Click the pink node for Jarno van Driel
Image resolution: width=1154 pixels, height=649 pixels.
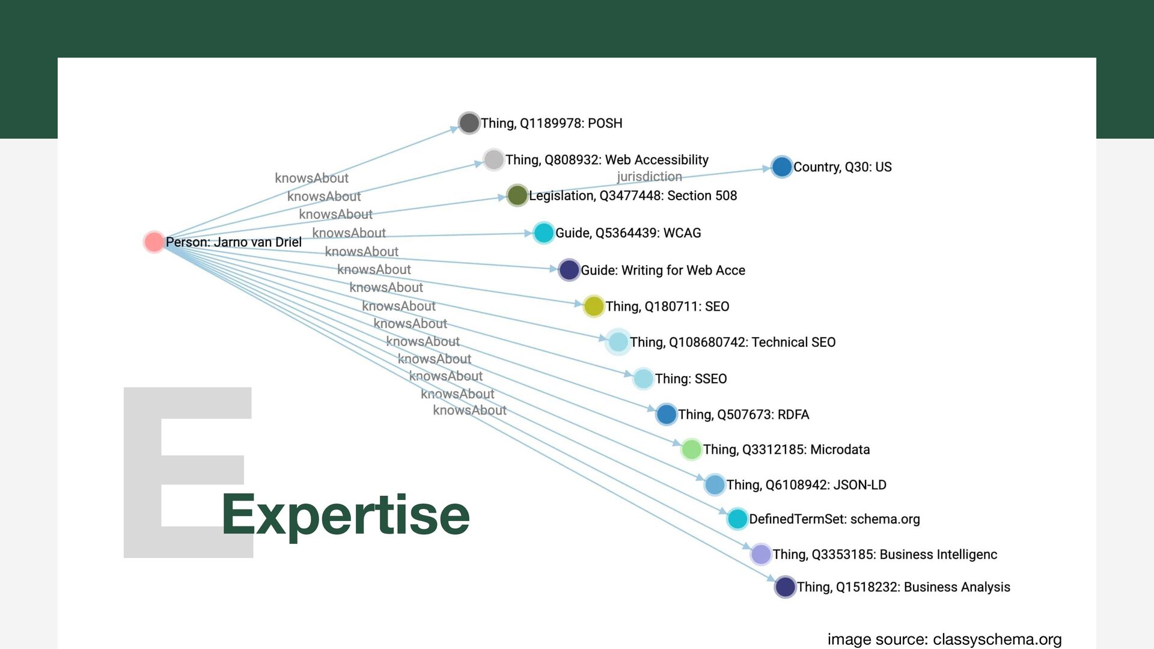[154, 242]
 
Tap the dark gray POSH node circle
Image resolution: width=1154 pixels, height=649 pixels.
[469, 123]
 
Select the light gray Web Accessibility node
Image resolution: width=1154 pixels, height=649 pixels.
[493, 159]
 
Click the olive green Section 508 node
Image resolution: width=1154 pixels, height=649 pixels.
[517, 195]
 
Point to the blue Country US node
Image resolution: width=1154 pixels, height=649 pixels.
[781, 166]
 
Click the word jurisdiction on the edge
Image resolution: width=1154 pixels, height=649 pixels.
[649, 177]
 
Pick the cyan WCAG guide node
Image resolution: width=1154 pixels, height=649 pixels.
[543, 233]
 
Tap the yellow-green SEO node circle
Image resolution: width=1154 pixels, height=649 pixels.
[593, 306]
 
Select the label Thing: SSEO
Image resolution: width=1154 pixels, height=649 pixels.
[691, 379]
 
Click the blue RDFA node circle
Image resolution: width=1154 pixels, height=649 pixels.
[666, 414]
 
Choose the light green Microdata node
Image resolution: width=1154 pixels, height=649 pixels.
[691, 449]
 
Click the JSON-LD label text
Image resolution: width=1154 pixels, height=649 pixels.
[806, 485]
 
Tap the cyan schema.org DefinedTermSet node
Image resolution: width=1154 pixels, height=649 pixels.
[737, 519]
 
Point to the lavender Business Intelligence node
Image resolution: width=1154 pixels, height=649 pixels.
[761, 554]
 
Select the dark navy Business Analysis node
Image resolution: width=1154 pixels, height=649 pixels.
[785, 587]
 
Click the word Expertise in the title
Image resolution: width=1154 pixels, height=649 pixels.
[346, 514]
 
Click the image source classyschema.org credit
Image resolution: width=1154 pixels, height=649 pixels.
[944, 639]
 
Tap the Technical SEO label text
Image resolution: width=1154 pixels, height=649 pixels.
[732, 342]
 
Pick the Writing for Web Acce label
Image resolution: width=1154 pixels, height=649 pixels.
[662, 270]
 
